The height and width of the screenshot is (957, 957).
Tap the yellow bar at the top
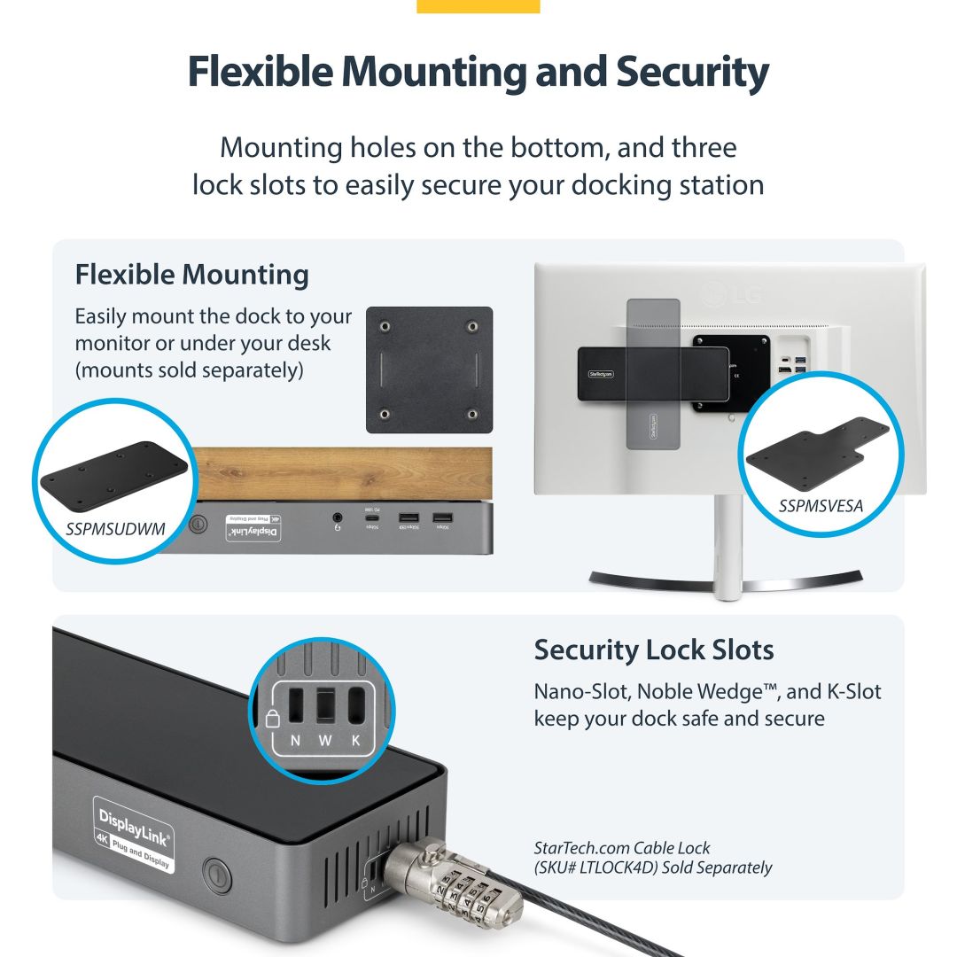tap(478, 6)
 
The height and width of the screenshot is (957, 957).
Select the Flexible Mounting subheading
tap(191, 275)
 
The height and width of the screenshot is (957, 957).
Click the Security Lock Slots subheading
tap(653, 650)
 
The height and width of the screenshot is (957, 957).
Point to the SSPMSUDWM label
tap(116, 529)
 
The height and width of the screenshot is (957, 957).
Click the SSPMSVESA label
tap(821, 506)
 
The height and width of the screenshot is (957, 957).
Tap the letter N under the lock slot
tap(293, 741)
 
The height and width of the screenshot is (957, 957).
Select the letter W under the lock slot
tap(324, 741)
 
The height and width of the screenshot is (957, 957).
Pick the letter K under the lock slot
tap(356, 741)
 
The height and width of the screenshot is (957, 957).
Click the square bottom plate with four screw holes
tap(429, 370)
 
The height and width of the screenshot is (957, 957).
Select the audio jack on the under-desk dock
tap(338, 517)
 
